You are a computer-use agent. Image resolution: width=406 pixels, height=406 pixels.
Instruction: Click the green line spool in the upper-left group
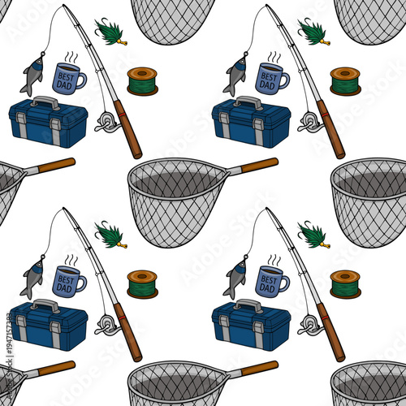(142, 81)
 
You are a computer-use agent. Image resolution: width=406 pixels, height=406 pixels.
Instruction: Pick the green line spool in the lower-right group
(345, 284)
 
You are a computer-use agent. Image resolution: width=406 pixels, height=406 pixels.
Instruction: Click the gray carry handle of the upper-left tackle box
(47, 103)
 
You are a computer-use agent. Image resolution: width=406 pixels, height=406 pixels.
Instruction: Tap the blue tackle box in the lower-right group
(250, 327)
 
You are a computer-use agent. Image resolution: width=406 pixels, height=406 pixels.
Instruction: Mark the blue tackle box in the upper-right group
(250, 124)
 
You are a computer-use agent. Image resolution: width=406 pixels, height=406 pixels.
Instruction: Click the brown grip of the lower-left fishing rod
(127, 333)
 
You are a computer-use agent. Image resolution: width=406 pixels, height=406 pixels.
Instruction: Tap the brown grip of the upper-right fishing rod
(330, 130)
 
